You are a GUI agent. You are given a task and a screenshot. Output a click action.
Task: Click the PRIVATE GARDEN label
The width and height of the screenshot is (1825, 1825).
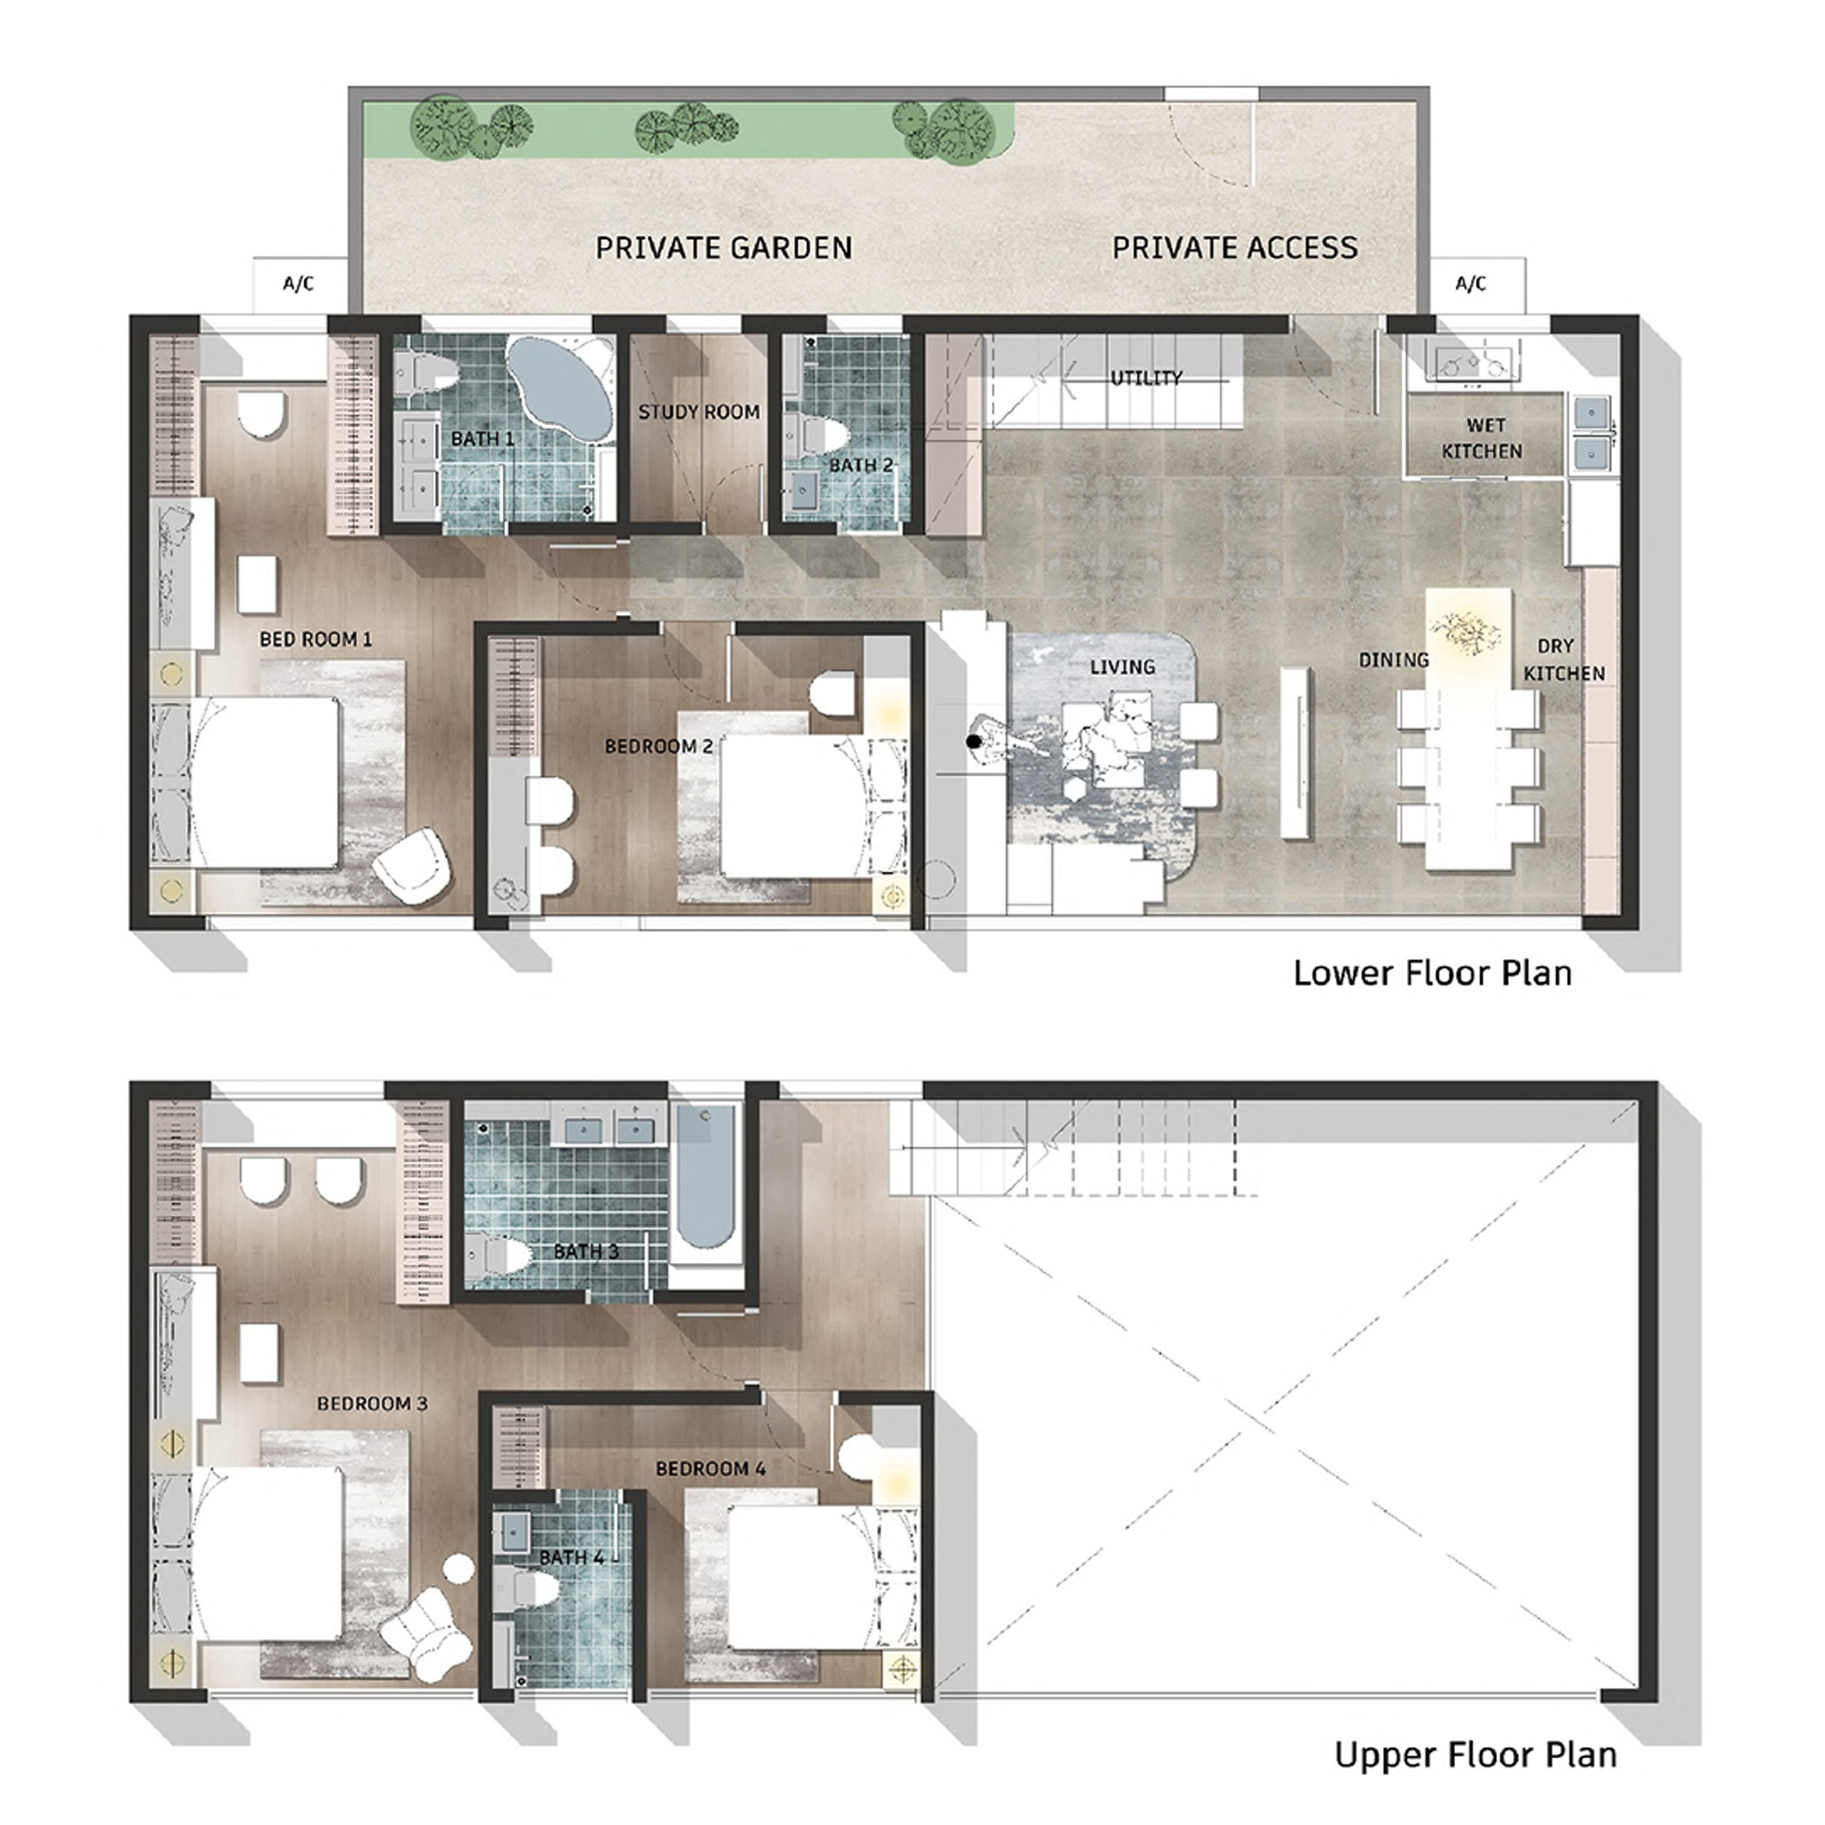723,248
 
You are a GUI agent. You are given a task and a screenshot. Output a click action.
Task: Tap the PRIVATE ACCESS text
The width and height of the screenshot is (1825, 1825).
1234,248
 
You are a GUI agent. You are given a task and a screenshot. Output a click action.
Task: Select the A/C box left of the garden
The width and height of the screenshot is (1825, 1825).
298,283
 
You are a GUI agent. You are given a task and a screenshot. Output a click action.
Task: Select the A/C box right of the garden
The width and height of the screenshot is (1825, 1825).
1471,283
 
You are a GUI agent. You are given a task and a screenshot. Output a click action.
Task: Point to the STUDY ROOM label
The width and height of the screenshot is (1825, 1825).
699,411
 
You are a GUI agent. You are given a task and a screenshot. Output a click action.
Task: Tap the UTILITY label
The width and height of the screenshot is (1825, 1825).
1146,378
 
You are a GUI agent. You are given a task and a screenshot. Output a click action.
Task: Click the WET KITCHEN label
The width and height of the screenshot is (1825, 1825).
1482,439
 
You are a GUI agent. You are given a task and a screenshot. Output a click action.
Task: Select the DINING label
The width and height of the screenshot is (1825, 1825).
1393,660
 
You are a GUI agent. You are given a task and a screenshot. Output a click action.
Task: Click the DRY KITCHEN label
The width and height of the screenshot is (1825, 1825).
1564,659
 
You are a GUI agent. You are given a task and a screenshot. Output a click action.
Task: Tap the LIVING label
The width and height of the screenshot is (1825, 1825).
1122,667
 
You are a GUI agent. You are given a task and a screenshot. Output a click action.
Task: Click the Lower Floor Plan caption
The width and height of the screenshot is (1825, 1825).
1432,973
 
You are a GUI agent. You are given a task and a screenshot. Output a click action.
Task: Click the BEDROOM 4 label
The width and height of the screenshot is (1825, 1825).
711,1469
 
